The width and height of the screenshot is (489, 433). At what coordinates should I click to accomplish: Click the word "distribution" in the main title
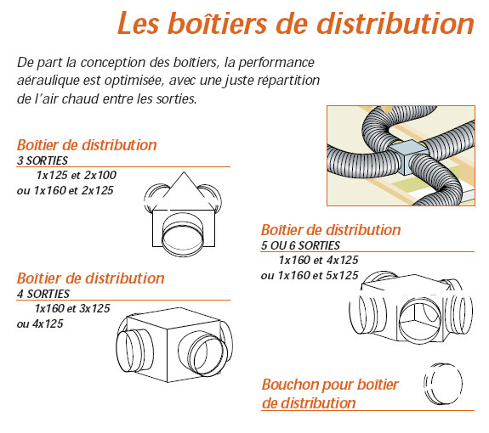(395, 23)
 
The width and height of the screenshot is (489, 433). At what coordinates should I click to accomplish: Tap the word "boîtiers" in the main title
(217, 23)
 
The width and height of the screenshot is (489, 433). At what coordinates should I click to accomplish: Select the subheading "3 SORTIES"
(43, 160)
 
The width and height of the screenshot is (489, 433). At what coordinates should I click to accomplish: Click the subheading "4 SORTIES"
(43, 294)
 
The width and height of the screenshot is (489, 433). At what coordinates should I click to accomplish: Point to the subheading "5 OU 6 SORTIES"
(300, 245)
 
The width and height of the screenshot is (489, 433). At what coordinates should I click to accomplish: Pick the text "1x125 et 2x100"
(77, 175)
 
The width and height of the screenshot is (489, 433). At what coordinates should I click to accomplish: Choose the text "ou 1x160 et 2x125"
(65, 190)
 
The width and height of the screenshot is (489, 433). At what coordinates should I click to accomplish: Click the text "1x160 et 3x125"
(72, 308)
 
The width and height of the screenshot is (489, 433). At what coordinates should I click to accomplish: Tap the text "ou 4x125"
(40, 323)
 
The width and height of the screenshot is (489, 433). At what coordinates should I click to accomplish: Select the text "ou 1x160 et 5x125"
(310, 275)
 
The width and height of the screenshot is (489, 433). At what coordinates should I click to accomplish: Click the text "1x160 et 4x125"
(318, 260)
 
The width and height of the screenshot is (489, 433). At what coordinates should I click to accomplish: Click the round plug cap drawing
(443, 384)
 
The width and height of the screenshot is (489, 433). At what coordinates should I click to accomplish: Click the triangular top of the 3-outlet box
(184, 190)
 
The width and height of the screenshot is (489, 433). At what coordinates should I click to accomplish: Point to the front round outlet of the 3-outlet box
(183, 234)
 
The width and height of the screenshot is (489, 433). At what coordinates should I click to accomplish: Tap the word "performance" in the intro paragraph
(276, 63)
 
